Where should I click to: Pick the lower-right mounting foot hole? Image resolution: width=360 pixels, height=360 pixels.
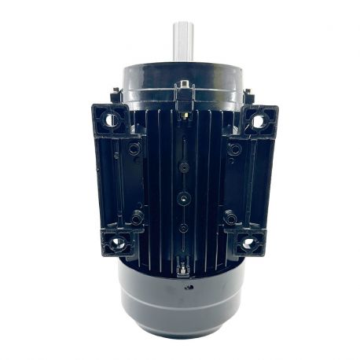[x=248, y=243]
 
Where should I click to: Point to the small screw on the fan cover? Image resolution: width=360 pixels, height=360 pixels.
[x=189, y=288]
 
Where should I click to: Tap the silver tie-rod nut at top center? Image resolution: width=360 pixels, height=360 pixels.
[x=185, y=86]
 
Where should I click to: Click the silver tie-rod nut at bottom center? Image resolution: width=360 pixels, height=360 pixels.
[x=183, y=267]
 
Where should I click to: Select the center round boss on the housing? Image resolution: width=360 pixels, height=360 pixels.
[x=182, y=197]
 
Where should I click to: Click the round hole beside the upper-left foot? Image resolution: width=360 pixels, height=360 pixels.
[x=135, y=149]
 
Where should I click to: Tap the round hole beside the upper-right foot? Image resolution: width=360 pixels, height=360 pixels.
[x=231, y=149]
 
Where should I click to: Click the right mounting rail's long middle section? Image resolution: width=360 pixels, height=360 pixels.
[x=247, y=182]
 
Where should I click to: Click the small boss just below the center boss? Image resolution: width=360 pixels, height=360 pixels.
[x=182, y=227]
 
